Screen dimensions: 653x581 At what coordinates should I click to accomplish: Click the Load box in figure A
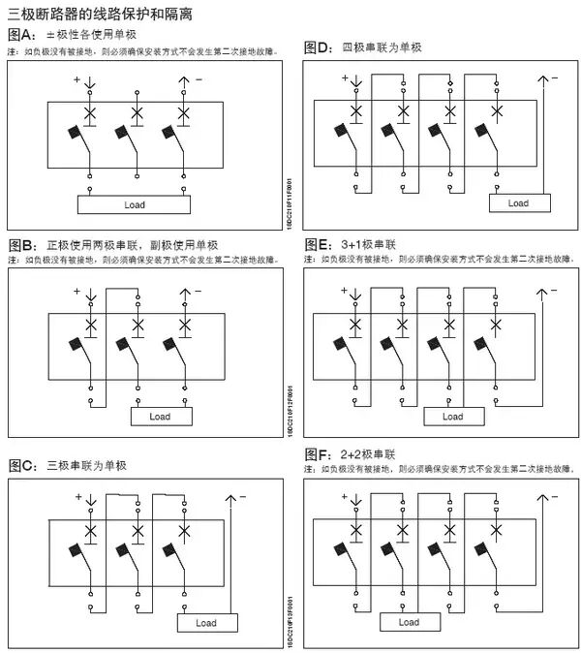pyautogui.click(x=134, y=205)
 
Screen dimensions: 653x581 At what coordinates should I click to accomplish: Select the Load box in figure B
pyautogui.click(x=160, y=417)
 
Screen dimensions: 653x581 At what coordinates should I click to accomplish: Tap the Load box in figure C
pyautogui.click(x=206, y=623)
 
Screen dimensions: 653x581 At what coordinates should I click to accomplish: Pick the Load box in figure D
pyautogui.click(x=518, y=203)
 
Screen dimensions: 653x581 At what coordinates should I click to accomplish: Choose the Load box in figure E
pyautogui.click(x=452, y=417)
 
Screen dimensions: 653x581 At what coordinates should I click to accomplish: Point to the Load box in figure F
pyautogui.click(x=409, y=622)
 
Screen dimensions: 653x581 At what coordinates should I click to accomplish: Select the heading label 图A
pyautogui.click(x=21, y=36)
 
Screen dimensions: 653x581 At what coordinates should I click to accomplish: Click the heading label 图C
pyautogui.click(x=21, y=466)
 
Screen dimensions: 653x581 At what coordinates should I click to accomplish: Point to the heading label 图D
pyautogui.click(x=318, y=47)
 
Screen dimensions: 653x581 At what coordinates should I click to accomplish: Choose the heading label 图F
pyautogui.click(x=318, y=453)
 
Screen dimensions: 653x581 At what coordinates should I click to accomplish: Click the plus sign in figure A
pyautogui.click(x=76, y=81)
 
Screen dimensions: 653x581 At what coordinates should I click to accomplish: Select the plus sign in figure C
pyautogui.click(x=78, y=497)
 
